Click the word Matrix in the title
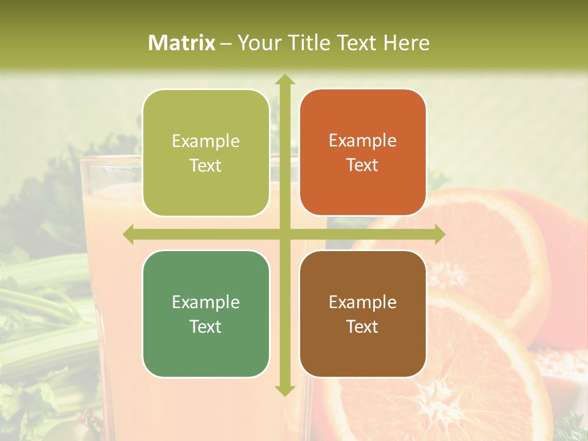[x=182, y=43]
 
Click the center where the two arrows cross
[x=284, y=234]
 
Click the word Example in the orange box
[x=363, y=141]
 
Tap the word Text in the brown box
[x=363, y=326]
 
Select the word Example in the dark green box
[x=206, y=302]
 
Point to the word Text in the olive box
[x=206, y=165]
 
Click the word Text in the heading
[x=356, y=43]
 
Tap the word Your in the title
[x=257, y=43]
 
